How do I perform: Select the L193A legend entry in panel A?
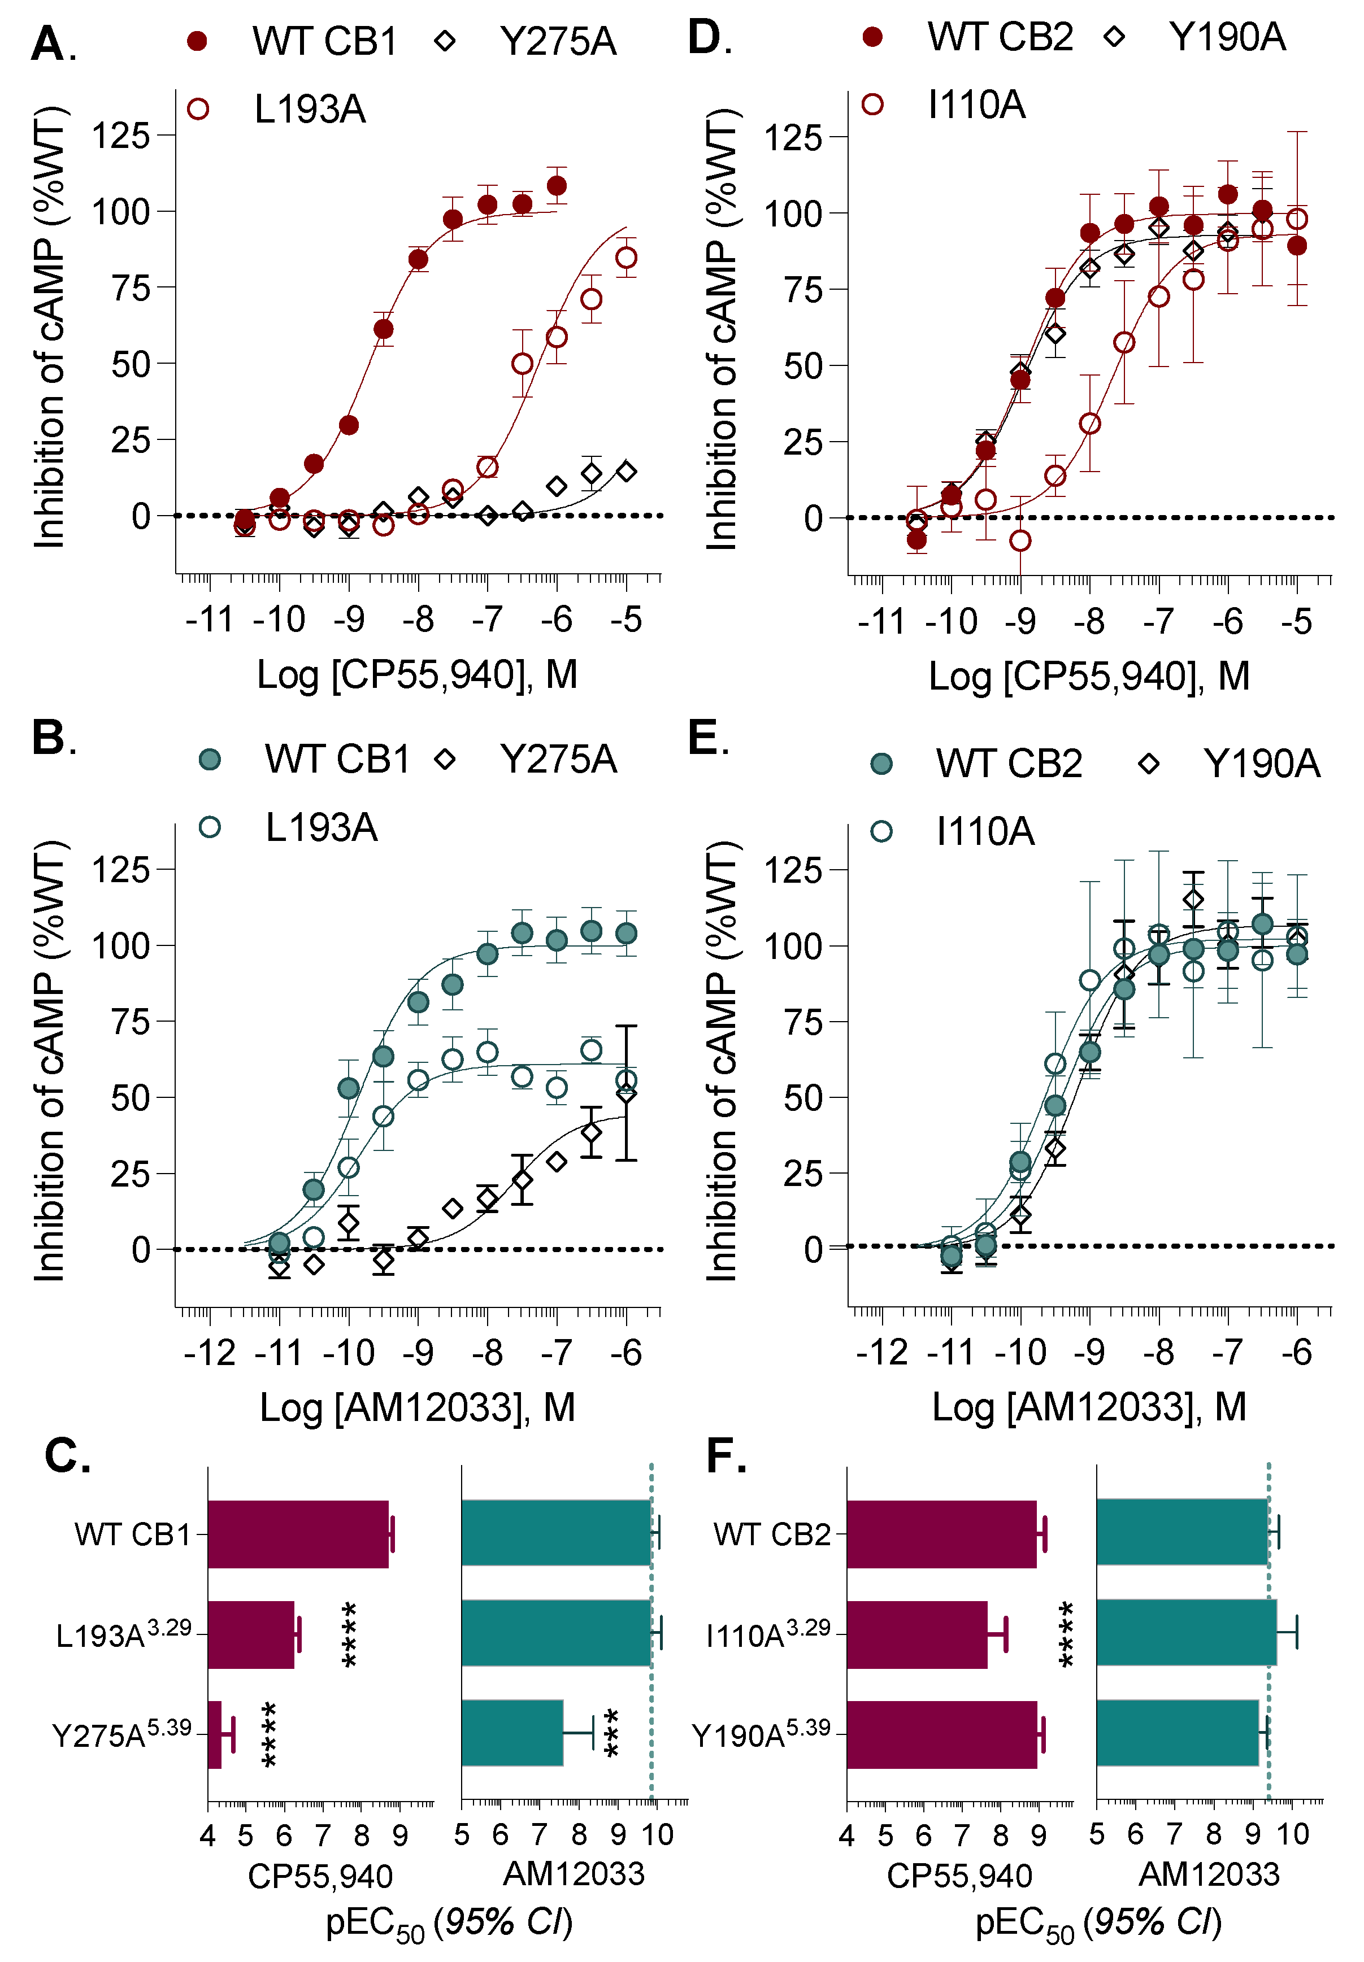click(310, 110)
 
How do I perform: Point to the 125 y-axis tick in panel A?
click(120, 136)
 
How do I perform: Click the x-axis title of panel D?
click(1089, 677)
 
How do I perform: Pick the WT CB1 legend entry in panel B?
click(337, 760)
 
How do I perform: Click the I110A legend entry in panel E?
click(984, 831)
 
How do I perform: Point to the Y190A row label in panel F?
click(761, 1734)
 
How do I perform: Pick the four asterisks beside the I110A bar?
click(1067, 1634)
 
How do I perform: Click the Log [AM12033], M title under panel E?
click(1089, 1407)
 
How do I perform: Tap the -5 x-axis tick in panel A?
click(627, 619)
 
